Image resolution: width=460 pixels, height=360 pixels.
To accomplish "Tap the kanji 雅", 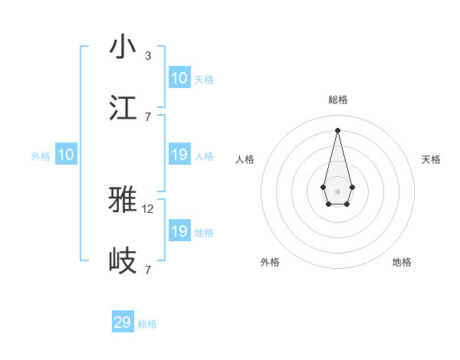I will coord(123,200).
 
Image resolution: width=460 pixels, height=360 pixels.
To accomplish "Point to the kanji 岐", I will coord(123,261).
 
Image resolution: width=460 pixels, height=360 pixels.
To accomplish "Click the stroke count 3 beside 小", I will coord(148,56).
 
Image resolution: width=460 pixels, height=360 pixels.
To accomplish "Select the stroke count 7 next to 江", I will coord(148,116).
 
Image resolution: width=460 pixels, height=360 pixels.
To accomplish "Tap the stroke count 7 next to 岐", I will coord(148,270).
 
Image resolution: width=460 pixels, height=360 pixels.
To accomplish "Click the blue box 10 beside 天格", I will coord(179,78).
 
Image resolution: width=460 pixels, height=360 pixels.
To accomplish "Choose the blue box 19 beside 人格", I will coord(179,155).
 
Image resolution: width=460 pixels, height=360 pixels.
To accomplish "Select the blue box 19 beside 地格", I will coord(179,231).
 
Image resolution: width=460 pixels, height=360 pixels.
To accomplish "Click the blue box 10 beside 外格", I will coord(66,155).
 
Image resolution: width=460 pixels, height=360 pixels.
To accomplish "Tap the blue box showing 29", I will coord(123,322).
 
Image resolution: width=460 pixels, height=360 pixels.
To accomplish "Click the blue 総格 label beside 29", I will coord(148,324).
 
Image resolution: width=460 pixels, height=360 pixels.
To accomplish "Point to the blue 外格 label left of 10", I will coord(41,156).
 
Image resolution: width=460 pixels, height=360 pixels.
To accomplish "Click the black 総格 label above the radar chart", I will coord(337,100).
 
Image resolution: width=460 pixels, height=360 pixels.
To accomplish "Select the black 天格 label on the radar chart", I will coord(431,159).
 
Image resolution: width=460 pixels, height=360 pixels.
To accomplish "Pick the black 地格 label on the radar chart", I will coord(402,262).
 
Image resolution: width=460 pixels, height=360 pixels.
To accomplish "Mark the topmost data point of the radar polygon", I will coord(337,129).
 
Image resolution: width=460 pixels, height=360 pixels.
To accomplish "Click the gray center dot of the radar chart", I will coord(337,191).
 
